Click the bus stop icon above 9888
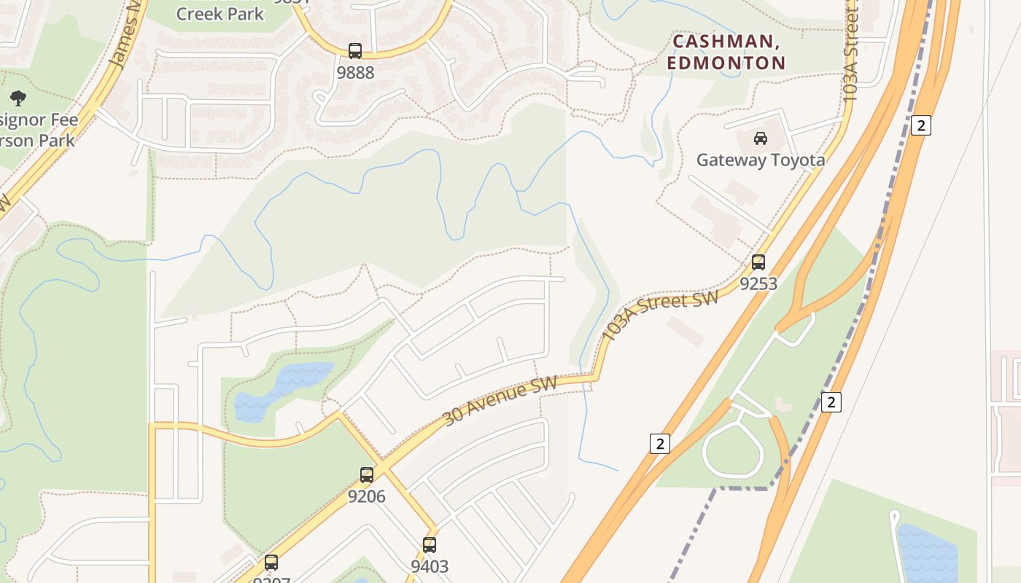[355, 51]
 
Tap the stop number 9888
[355, 72]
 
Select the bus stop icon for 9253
[758, 262]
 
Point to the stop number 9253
[758, 283]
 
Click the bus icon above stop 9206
[367, 475]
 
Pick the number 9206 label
[366, 496]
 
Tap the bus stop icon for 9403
[430, 544]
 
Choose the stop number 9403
[430, 566]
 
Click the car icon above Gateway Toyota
[761, 138]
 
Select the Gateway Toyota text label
[761, 160]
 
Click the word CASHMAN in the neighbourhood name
[726, 42]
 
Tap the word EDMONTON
[726, 63]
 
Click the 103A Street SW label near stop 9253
[661, 315]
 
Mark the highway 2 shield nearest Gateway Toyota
[921, 125]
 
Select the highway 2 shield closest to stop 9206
[659, 443]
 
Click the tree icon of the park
[18, 98]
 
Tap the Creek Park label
[220, 13]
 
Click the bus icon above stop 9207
[271, 563]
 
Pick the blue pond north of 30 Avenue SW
[281, 390]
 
